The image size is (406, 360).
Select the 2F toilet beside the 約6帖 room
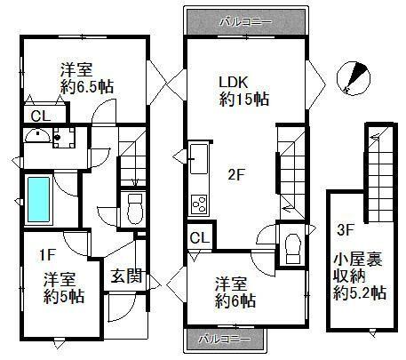click(x=291, y=244)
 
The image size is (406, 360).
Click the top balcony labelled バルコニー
click(x=246, y=20)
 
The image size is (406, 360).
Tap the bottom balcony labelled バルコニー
click(x=227, y=339)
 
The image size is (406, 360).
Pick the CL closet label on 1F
click(x=41, y=116)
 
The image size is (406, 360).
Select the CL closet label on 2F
click(x=200, y=238)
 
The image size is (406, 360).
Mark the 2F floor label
click(x=235, y=174)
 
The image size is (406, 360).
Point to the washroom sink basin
click(x=36, y=137)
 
